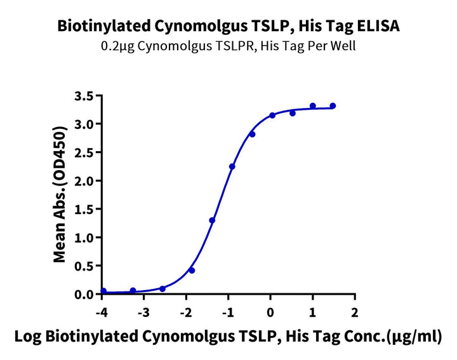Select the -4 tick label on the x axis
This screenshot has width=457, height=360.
(102, 312)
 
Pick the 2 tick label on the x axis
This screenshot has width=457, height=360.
(355, 312)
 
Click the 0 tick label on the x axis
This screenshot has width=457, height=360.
(270, 312)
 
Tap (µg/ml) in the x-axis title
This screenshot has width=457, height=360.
(418, 335)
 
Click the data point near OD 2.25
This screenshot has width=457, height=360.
(232, 166)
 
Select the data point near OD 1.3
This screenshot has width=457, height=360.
(212, 220)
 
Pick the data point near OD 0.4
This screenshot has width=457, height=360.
(192, 270)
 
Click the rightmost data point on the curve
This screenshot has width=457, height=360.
(333, 106)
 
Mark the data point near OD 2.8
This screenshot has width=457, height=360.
(252, 134)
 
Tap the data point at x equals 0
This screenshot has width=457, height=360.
(272, 115)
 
